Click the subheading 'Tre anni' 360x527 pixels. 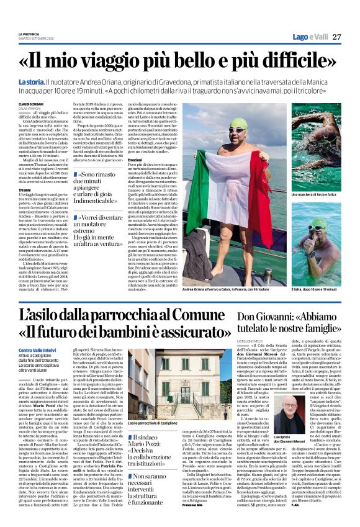(x=24, y=189)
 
